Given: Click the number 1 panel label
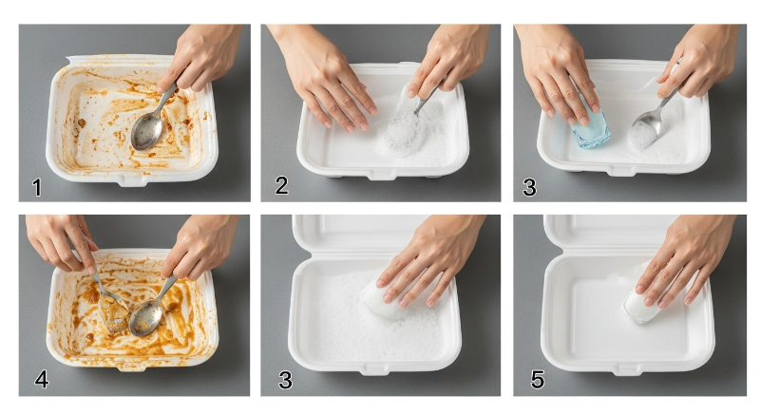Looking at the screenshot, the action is [x=37, y=187].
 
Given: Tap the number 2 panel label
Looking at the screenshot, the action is [x=281, y=185].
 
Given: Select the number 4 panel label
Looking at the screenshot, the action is [x=42, y=379].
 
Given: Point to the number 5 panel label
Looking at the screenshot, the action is [x=538, y=379].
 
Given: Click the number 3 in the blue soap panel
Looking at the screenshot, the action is [x=529, y=187].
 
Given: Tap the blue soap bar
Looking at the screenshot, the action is [x=590, y=127].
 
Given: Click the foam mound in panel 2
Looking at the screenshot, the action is [x=403, y=132].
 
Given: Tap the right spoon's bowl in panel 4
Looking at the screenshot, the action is [x=145, y=318].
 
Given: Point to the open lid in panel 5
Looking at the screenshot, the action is [x=612, y=233].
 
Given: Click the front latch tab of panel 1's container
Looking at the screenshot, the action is [x=132, y=181].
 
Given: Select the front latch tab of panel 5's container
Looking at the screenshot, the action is [x=627, y=370].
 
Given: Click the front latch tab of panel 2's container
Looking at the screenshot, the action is [x=383, y=175].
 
